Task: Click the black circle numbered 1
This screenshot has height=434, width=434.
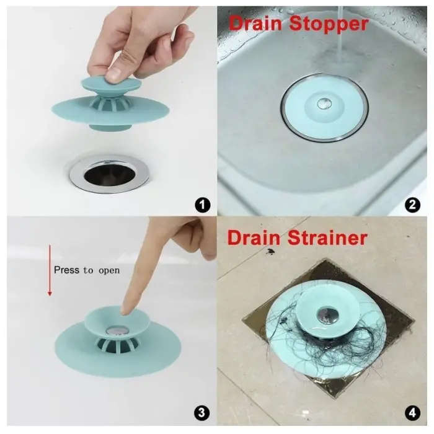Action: click(x=202, y=205)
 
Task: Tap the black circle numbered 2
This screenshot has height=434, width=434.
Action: click(x=412, y=205)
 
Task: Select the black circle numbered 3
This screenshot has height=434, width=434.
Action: click(x=201, y=413)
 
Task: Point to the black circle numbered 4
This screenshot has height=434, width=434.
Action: click(x=412, y=413)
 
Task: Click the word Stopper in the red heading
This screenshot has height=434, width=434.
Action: click(x=329, y=24)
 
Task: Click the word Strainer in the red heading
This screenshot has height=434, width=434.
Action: click(x=327, y=237)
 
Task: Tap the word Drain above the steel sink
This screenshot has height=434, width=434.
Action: click(x=255, y=23)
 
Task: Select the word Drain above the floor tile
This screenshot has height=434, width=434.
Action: click(x=254, y=237)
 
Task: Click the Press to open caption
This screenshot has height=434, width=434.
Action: click(x=87, y=270)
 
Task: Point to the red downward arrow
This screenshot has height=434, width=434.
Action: click(x=50, y=270)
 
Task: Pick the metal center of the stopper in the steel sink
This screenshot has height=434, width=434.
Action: click(x=324, y=104)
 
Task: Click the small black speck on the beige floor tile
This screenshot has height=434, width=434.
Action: click(x=270, y=251)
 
